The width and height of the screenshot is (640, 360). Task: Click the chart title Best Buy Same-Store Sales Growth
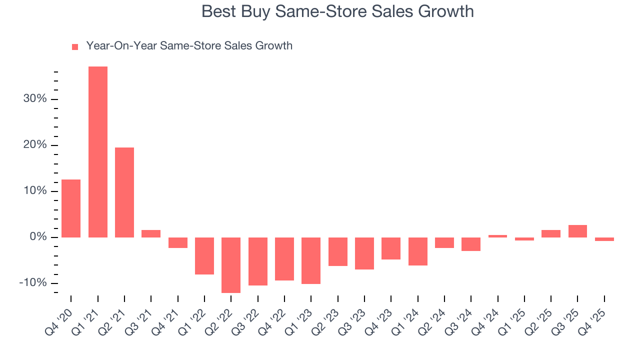(337, 11)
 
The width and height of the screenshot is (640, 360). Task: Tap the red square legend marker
(75, 46)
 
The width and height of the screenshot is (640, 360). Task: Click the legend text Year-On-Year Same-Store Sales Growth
(189, 46)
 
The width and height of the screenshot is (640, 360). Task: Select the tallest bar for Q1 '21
(98, 151)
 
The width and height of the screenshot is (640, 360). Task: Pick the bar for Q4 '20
(71, 208)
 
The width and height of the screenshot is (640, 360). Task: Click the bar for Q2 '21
(124, 192)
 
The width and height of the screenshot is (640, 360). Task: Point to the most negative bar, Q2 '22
(231, 265)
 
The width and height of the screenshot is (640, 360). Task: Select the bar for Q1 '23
(311, 260)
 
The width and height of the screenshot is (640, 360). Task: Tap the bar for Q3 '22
(258, 261)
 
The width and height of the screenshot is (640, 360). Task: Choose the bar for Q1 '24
(417, 251)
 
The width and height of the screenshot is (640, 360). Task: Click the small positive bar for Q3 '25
(577, 231)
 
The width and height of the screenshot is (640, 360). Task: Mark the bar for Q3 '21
(151, 233)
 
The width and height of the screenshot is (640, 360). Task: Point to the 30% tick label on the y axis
(35, 99)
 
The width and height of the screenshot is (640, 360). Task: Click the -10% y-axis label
(33, 283)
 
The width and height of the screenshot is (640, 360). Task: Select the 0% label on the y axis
(38, 237)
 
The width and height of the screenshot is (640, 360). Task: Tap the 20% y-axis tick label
(35, 145)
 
